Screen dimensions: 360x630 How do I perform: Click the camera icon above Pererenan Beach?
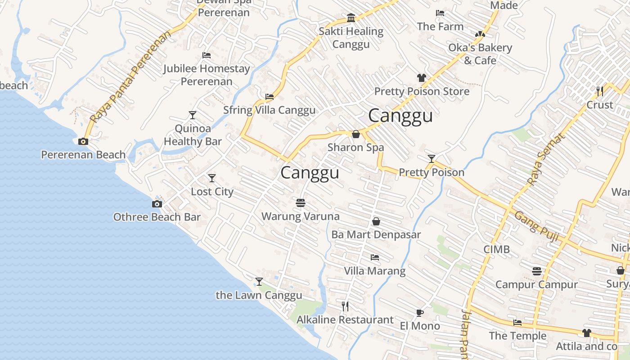(x=83, y=141)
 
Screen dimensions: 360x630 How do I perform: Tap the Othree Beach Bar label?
(x=157, y=217)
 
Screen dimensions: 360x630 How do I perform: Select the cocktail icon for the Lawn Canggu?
(x=259, y=282)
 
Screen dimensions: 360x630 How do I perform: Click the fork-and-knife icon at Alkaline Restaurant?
(x=345, y=306)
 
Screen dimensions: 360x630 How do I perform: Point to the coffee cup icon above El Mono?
(x=419, y=313)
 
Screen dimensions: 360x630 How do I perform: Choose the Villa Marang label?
(x=374, y=271)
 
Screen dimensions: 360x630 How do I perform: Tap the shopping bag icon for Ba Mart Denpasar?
(x=376, y=221)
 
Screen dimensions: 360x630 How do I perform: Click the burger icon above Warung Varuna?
(x=301, y=203)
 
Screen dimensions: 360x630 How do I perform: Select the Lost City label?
(x=212, y=191)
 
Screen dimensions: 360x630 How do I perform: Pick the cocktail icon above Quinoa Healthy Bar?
(x=193, y=115)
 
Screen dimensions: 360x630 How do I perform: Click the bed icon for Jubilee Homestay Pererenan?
(x=207, y=55)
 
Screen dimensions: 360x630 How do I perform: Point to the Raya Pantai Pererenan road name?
(x=130, y=76)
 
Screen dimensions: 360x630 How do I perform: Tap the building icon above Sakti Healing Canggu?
(x=351, y=18)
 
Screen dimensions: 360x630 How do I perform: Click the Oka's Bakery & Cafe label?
(x=480, y=54)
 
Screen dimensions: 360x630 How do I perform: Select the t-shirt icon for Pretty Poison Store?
(x=421, y=78)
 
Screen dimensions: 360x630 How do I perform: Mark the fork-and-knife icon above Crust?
(x=599, y=91)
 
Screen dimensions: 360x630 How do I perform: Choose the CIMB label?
(x=497, y=249)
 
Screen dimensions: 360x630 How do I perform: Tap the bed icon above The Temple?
(x=517, y=323)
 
